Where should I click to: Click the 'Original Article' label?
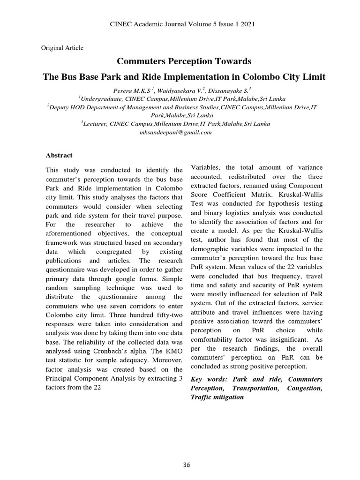coord(62,47)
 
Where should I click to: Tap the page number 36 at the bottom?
coord(187,465)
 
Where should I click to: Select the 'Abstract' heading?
coord(59,155)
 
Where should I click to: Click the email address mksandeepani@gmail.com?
coord(176,132)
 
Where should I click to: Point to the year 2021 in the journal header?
coord(247,24)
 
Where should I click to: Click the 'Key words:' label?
coord(207,379)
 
